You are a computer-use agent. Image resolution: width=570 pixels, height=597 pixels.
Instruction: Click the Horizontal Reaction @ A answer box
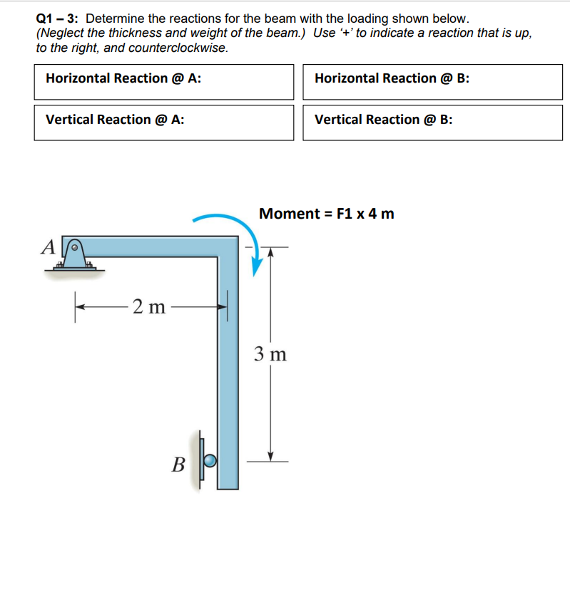click(x=163, y=82)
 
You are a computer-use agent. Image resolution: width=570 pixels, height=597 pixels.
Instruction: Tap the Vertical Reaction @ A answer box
click(x=163, y=123)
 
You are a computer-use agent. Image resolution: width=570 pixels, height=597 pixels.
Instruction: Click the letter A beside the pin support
click(x=48, y=246)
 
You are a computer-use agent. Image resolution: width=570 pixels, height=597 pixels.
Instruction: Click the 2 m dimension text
click(x=149, y=307)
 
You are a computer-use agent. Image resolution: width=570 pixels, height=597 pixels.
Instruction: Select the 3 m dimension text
click(x=270, y=353)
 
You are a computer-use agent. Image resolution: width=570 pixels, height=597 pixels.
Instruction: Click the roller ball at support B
click(x=210, y=460)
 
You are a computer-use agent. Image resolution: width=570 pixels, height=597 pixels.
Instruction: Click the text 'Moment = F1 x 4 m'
click(x=327, y=213)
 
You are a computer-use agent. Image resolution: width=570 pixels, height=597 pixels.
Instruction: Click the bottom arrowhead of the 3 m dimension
click(x=270, y=456)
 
